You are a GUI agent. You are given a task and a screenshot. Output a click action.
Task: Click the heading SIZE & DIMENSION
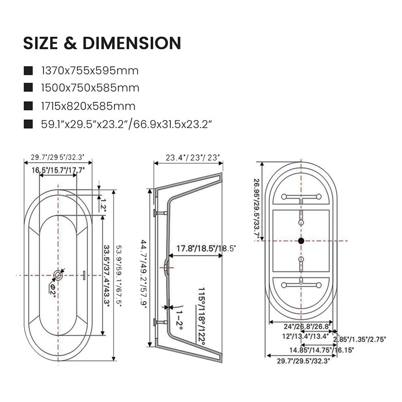pos(102,43)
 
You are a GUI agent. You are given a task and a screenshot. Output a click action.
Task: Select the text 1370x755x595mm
pos(90,71)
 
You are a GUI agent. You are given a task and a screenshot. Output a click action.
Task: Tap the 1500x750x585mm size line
pos(90,88)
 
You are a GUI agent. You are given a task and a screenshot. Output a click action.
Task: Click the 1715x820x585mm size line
pos(88,106)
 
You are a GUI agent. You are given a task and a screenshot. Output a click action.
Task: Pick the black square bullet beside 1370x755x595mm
pos(28,71)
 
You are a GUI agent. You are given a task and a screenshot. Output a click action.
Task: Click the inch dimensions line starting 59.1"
pos(127,124)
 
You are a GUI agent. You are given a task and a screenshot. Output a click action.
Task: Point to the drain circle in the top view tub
pos(58,275)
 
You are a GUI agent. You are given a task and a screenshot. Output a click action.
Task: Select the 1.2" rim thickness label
pos(104,205)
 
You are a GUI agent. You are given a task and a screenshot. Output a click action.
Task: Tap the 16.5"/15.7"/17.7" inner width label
pos(58,170)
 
